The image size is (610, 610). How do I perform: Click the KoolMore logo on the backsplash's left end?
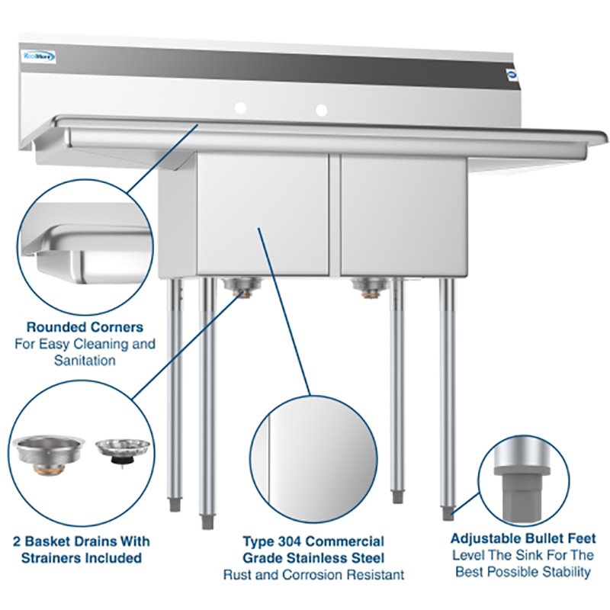coord(37,56)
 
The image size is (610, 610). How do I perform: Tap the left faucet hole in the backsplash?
coord(240,109)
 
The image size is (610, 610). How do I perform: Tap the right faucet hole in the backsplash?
coord(322,110)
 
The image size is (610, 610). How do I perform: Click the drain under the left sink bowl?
coord(242,287)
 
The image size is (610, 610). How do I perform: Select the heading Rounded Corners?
coord(85,327)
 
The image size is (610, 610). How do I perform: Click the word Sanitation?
coord(85,360)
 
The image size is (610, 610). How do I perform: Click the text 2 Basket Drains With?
coord(82,541)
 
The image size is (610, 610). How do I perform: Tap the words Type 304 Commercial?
coord(313,541)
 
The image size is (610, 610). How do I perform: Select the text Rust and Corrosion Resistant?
coord(313,574)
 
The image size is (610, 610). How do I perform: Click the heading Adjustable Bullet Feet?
coord(523,538)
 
